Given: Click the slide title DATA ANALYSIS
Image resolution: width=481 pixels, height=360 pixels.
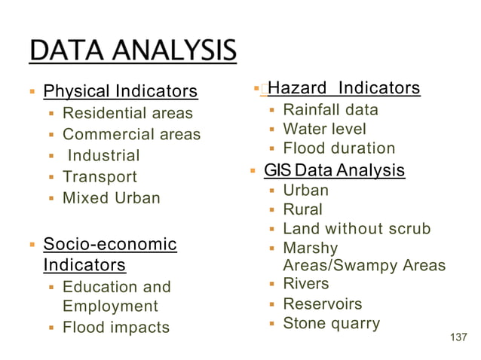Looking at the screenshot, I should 133,51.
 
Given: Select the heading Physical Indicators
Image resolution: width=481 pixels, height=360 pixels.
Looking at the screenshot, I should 121,92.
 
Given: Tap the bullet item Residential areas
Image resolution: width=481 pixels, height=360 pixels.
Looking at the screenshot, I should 127,114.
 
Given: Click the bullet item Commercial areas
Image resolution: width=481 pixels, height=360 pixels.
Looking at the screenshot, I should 131,135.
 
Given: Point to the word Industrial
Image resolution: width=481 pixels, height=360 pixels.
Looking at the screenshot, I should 104,156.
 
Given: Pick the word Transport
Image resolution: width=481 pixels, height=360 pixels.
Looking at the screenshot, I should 100,177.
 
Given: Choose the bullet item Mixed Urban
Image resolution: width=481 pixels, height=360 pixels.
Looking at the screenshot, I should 111,199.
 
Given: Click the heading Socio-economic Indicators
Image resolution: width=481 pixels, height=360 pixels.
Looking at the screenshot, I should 109,255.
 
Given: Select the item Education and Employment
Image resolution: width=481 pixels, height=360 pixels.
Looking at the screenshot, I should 116,297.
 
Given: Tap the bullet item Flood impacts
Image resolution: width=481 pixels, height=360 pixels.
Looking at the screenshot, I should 115,328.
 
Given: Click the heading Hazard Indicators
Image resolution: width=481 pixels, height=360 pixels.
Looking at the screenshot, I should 344,89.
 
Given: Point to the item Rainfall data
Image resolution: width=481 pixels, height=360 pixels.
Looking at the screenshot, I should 330,110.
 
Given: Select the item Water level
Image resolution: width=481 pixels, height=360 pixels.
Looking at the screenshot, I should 324,130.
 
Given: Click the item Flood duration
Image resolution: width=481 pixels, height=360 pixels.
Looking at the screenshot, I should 339,148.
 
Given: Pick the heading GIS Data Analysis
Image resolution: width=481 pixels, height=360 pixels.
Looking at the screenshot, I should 334,171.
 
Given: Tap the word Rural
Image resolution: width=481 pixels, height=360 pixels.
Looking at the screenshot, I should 302,209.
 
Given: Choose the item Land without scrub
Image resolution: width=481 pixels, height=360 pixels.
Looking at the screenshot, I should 357,229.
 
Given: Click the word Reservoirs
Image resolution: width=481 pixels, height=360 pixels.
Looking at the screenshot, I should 322,304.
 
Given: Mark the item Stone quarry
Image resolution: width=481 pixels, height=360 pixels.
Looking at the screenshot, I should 331,325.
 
